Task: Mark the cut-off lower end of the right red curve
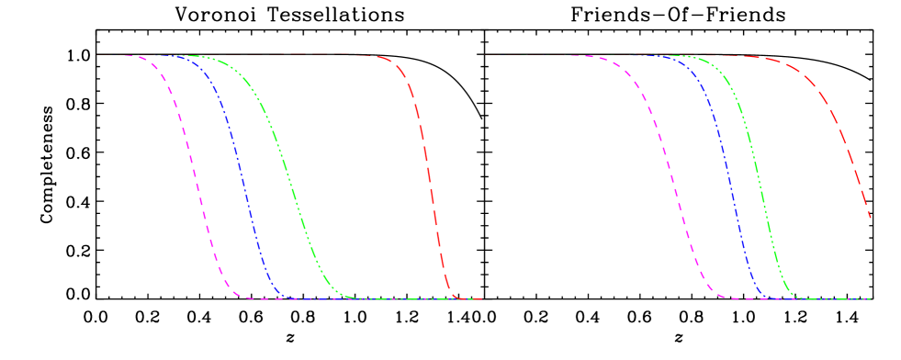[x=870, y=218]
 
